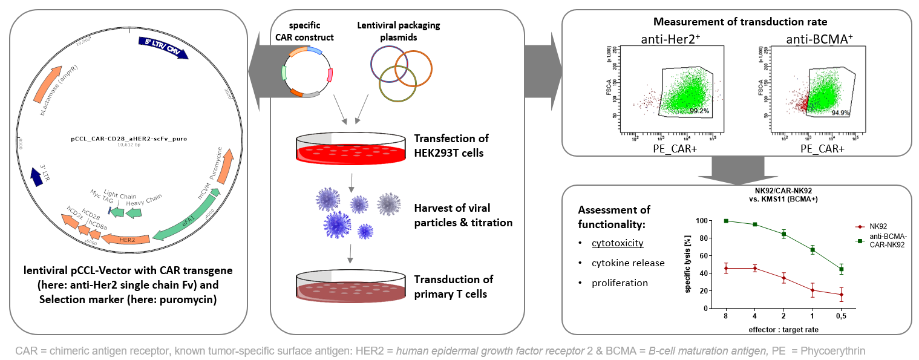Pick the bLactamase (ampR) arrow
click(59, 99)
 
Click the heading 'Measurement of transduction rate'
click(736, 23)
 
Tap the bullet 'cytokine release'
click(620, 263)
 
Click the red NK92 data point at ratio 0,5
click(841, 295)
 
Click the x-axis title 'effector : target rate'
click(783, 329)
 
